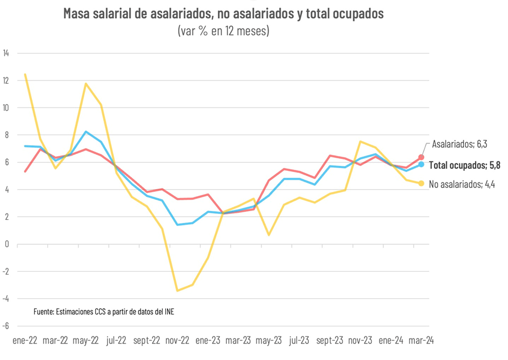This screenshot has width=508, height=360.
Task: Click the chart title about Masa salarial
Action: click(x=223, y=14)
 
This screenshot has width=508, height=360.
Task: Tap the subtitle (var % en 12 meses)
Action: click(x=223, y=31)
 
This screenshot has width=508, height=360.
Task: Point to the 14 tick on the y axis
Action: click(x=6, y=53)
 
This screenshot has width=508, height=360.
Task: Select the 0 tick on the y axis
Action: click(x=7, y=244)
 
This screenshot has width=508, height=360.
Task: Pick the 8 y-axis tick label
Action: click(x=7, y=135)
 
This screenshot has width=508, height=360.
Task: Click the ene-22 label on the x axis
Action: click(x=25, y=341)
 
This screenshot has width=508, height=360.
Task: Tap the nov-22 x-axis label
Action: click(x=178, y=341)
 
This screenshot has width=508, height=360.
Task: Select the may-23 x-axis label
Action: click(x=269, y=341)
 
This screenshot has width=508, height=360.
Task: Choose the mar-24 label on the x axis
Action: click(x=421, y=341)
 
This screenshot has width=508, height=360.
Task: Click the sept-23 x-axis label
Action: click(x=329, y=341)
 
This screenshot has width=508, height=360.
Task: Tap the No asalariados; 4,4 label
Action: click(x=462, y=185)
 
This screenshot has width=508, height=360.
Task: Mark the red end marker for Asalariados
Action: click(x=421, y=158)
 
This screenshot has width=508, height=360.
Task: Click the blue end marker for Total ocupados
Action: click(x=421, y=164)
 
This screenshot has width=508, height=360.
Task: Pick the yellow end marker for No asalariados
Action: click(x=421, y=184)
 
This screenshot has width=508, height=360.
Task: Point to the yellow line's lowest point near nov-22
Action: click(x=177, y=291)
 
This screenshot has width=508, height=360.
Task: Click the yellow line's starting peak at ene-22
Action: click(x=25, y=74)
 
